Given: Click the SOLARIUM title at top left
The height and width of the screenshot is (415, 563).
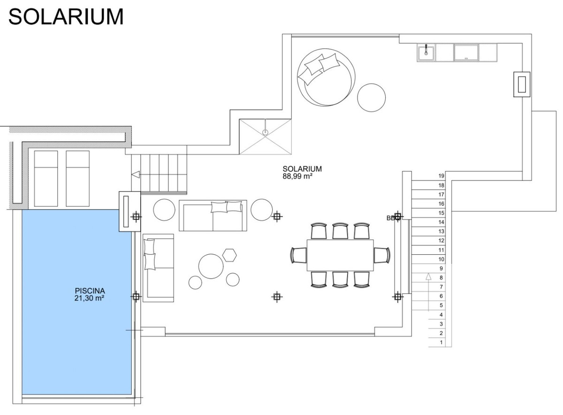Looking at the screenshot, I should click(66, 17).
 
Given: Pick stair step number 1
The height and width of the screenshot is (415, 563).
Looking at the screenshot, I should click(441, 343).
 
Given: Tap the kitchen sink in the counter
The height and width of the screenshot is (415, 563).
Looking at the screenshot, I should click(426, 52).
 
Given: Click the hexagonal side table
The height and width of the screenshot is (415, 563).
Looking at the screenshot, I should click(229, 255).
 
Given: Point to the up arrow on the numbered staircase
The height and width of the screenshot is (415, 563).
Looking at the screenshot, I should click(427, 277).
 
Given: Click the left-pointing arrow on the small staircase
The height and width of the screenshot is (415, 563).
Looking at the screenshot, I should click(136, 175).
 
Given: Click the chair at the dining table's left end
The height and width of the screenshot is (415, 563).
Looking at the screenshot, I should click(298, 255).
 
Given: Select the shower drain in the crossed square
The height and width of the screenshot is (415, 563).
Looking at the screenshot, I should click(265, 132).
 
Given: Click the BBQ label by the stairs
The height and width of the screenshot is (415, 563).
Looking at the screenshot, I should click(391, 218).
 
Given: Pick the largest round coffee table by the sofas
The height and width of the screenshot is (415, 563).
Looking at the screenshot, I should click(211, 266).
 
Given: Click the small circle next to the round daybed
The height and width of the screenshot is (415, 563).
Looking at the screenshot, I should click(372, 97).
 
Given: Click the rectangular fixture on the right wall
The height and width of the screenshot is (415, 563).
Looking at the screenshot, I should click(521, 85).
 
